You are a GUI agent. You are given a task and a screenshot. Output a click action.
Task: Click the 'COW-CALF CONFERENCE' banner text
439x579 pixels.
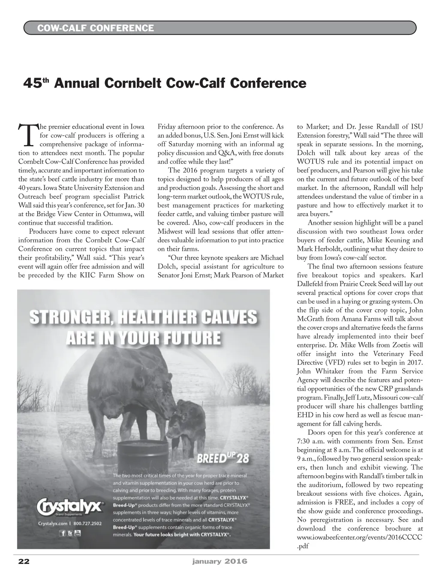[95, 28]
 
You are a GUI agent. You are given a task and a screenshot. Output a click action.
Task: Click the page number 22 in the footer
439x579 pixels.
[24, 561]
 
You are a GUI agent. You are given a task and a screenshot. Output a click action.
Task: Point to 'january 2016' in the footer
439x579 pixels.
[219, 561]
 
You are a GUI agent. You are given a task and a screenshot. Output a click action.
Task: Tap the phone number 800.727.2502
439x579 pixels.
[87, 523]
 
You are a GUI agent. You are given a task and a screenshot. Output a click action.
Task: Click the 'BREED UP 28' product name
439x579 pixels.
[223, 458]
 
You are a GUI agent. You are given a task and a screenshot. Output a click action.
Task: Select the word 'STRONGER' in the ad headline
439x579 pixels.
[70, 318]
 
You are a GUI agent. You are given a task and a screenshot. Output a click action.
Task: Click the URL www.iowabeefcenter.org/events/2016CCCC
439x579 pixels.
[360, 537]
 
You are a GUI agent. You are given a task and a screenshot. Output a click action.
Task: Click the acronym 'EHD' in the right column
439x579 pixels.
[305, 415]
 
